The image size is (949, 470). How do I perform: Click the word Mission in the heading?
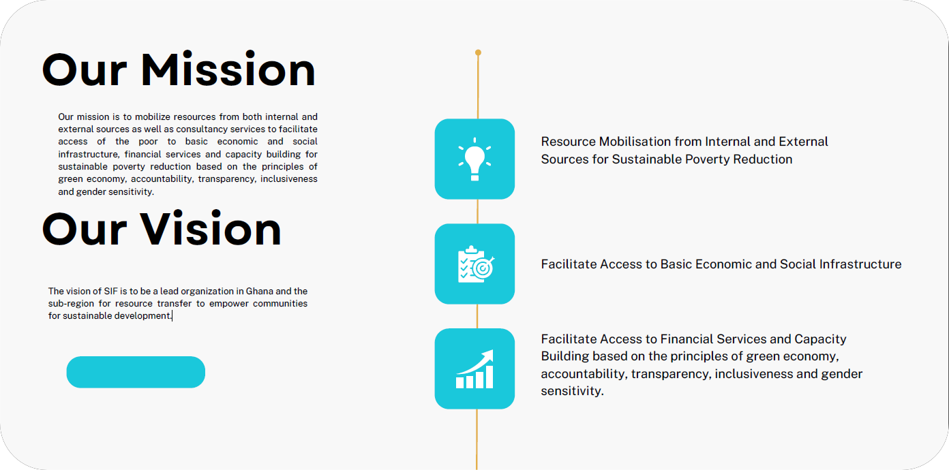tap(228, 70)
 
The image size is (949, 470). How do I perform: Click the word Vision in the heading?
tap(211, 229)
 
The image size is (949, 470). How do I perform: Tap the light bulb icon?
tap(474, 159)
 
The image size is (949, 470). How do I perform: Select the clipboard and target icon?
tap(476, 264)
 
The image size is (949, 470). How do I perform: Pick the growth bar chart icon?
tap(475, 369)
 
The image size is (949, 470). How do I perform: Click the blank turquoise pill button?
tap(136, 372)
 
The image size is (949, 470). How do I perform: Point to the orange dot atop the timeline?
tap(478, 52)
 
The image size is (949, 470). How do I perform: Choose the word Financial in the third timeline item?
tap(687, 339)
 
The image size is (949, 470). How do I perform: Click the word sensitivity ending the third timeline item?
tap(572, 391)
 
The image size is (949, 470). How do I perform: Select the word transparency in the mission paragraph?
tap(226, 179)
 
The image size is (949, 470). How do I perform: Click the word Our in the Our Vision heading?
tap(85, 229)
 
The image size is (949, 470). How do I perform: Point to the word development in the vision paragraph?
tap(142, 316)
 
